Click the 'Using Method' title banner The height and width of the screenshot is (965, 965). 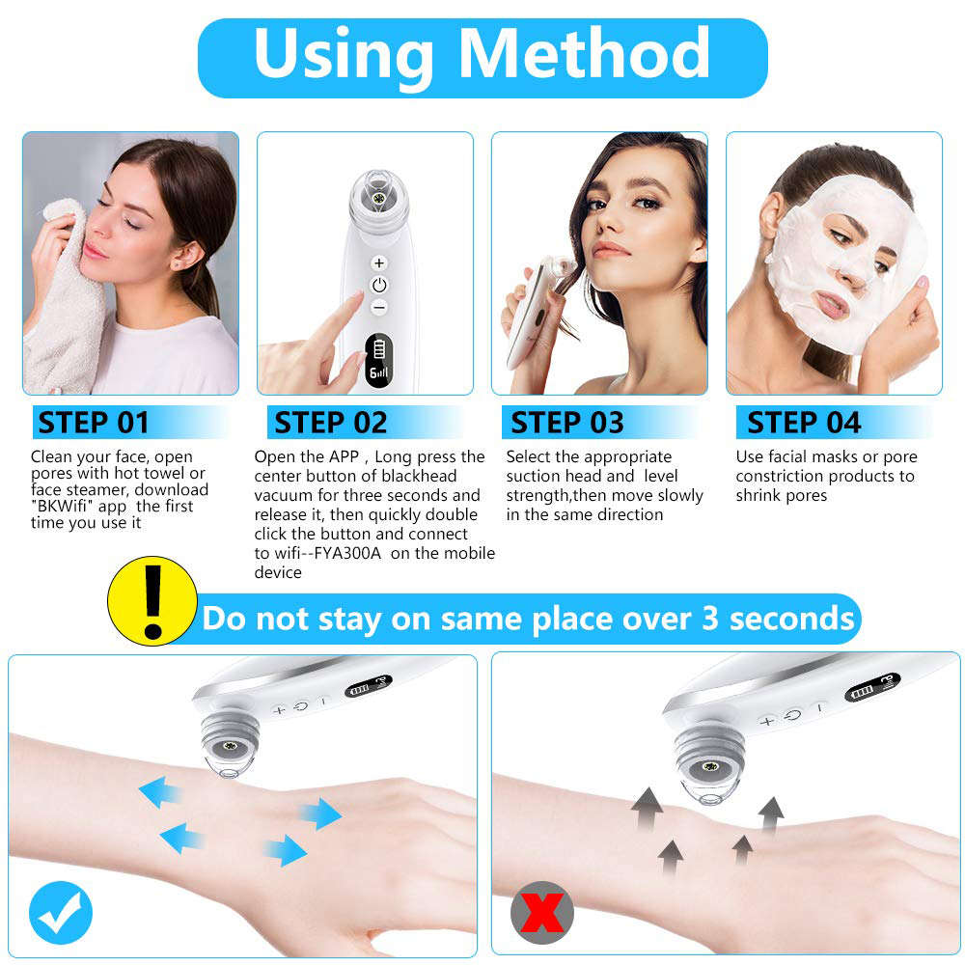482,56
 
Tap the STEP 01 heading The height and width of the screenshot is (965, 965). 94,423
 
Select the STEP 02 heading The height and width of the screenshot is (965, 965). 331,423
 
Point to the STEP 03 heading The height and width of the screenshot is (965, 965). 567,423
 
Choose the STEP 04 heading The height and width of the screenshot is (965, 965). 804,423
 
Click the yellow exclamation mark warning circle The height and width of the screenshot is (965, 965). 152,600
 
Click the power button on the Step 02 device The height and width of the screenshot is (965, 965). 379,285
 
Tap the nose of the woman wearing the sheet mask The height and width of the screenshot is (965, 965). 852,272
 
